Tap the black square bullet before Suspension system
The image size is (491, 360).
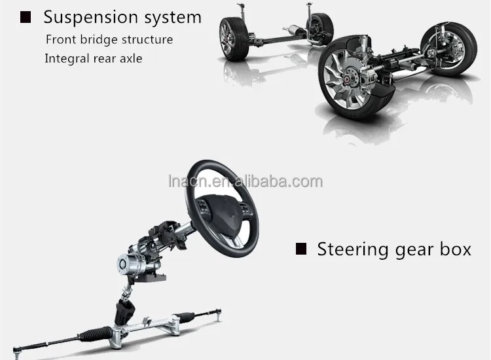(26, 18)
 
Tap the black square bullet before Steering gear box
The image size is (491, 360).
(301, 249)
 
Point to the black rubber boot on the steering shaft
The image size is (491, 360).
(124, 311)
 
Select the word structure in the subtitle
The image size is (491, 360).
(147, 39)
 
